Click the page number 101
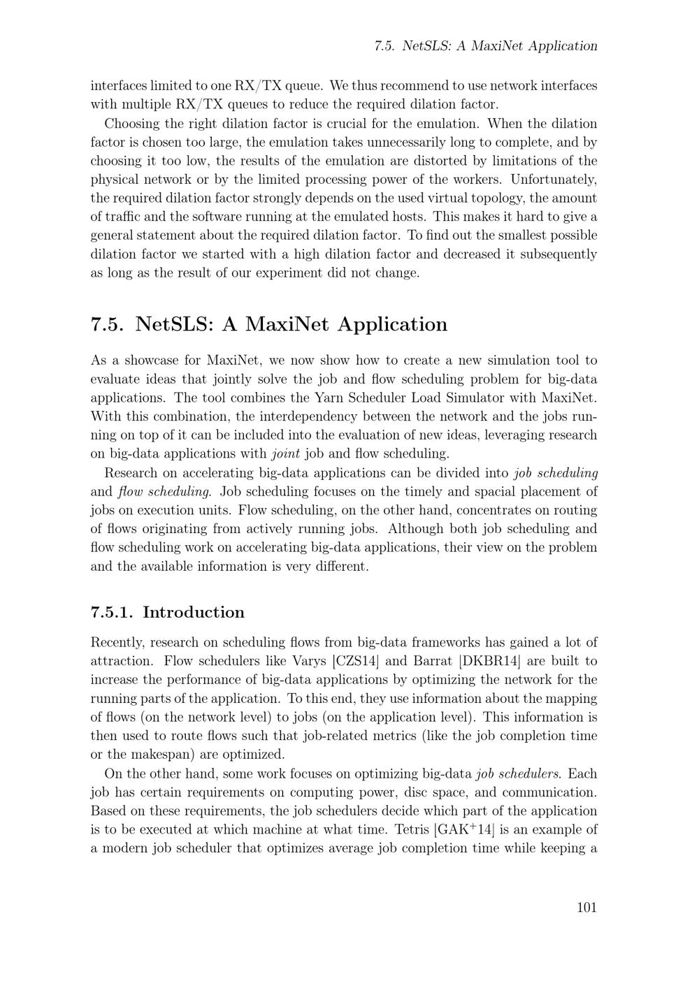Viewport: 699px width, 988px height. [x=586, y=908]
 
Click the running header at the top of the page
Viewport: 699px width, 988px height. [x=486, y=46]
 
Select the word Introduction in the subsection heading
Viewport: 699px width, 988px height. [x=194, y=613]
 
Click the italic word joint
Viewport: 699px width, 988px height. [x=285, y=453]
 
